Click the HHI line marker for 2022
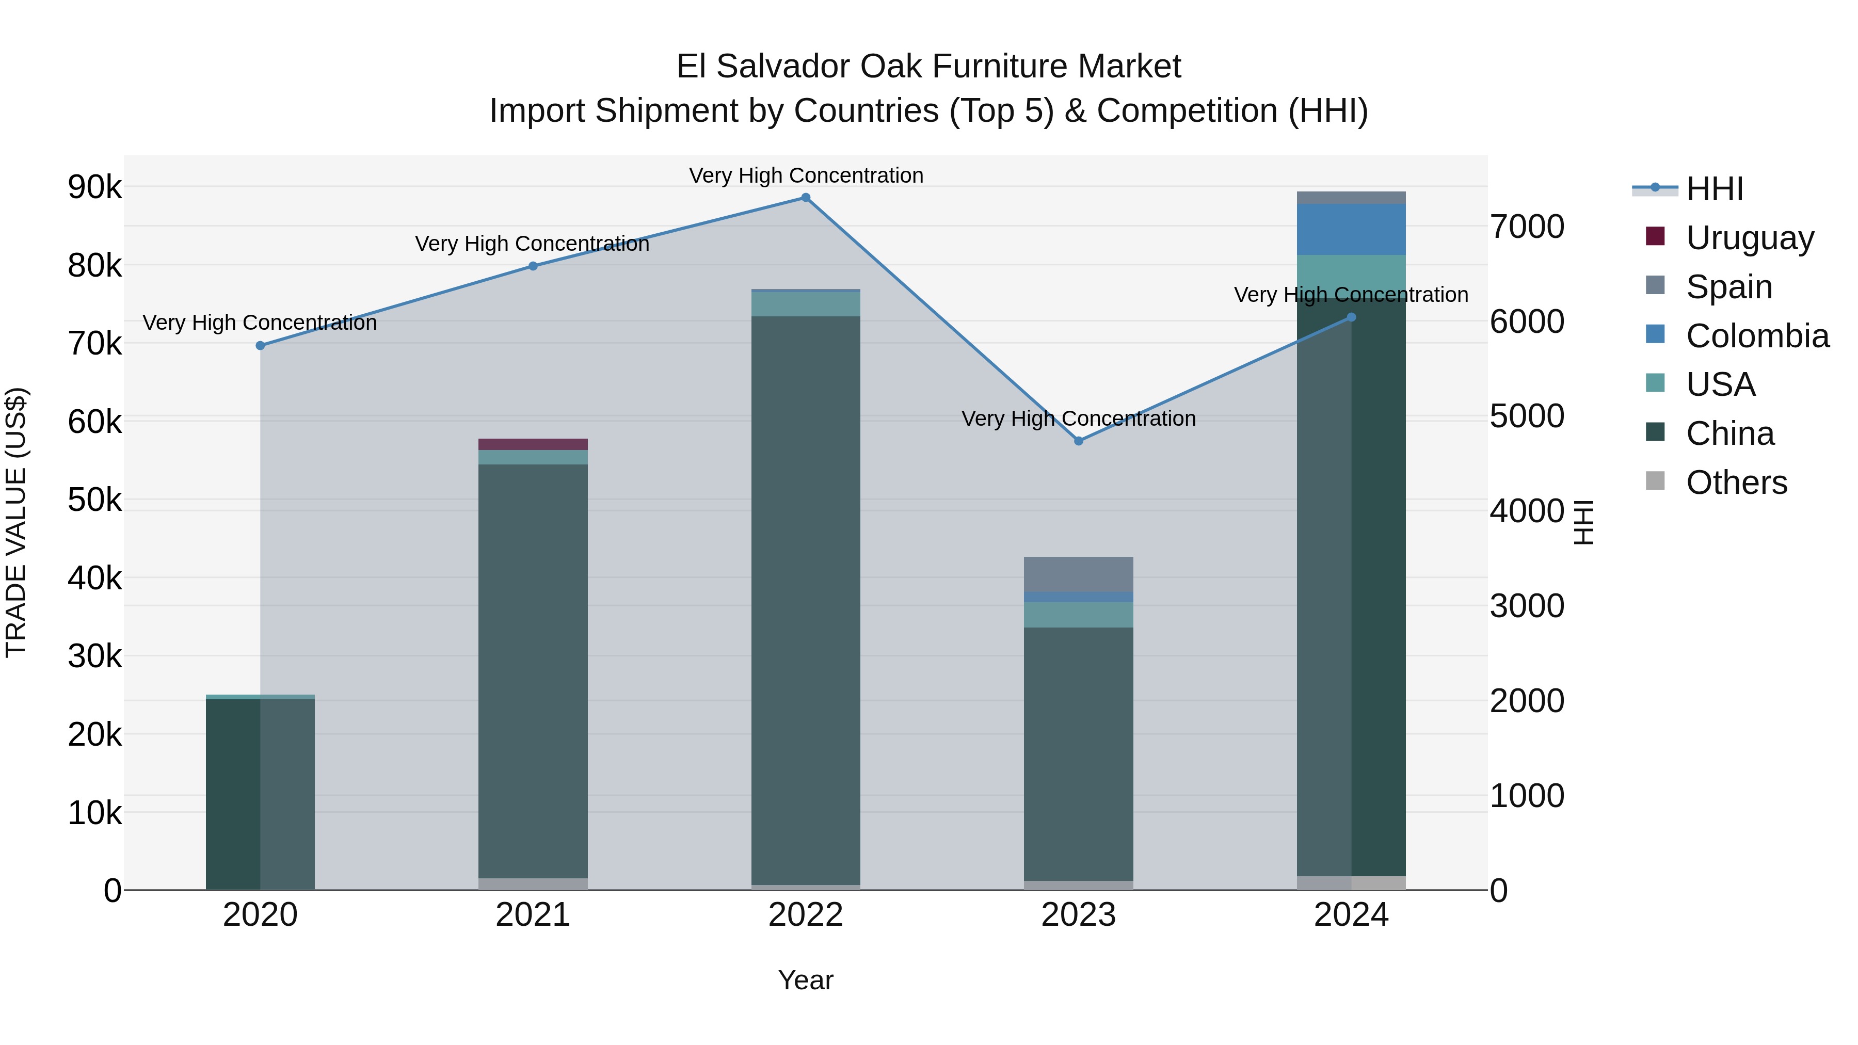(x=806, y=198)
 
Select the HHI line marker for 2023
(x=1078, y=441)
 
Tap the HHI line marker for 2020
(x=261, y=345)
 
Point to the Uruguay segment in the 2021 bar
(x=533, y=444)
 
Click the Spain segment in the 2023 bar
(x=1078, y=574)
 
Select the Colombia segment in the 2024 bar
(x=1351, y=229)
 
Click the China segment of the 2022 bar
(x=806, y=599)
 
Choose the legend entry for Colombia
(x=1757, y=336)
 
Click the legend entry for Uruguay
(x=1749, y=238)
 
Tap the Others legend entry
(x=1736, y=483)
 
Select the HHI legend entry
(x=1715, y=189)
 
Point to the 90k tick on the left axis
(x=95, y=187)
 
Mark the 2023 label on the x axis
(x=1078, y=915)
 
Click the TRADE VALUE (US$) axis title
(x=16, y=522)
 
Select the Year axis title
(x=806, y=980)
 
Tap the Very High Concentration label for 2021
(x=532, y=244)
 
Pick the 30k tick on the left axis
(x=95, y=656)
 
